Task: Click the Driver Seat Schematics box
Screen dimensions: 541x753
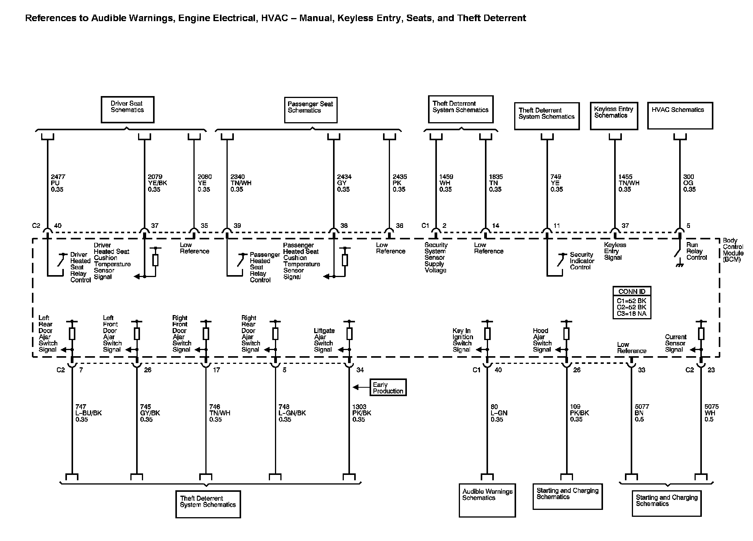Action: point(127,110)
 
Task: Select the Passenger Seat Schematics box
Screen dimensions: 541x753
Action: point(310,110)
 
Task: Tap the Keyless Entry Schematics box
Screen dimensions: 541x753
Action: point(614,115)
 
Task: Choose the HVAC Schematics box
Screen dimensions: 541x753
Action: point(680,115)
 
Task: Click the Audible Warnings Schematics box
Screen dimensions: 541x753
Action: point(487,500)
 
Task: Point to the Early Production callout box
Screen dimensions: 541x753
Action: point(388,388)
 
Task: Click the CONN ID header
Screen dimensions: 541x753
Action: point(631,292)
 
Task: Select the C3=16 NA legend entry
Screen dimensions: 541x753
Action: point(631,314)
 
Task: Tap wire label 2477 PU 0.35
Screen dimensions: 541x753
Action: point(58,183)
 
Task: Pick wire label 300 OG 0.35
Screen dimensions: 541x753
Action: point(689,183)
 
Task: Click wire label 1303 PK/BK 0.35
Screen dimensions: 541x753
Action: point(362,413)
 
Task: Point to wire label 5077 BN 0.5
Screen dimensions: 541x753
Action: point(641,413)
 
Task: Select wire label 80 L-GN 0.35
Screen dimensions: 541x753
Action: point(499,413)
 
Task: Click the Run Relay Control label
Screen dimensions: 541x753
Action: point(696,251)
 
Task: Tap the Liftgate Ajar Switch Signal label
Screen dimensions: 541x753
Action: point(324,340)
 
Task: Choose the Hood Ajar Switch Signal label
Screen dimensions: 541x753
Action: point(542,340)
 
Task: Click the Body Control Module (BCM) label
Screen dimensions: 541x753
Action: point(733,250)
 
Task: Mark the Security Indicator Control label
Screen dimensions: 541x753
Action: point(581,261)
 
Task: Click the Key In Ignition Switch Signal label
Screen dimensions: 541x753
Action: point(463,340)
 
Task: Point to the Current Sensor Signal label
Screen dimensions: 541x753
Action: point(675,343)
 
